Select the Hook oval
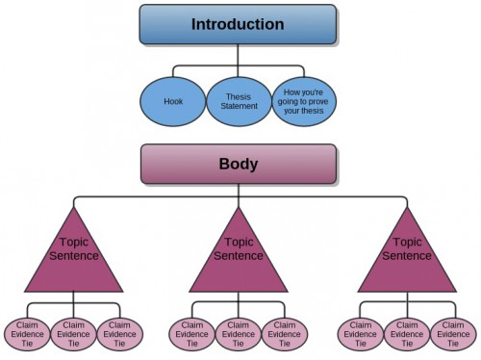click(172, 100)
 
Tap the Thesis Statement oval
click(239, 100)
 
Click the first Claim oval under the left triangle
click(26, 333)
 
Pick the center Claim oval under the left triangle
click(72, 333)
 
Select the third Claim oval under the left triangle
click(118, 333)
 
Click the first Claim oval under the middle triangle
click(192, 333)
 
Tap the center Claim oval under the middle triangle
click(239, 333)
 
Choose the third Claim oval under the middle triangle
click(285, 333)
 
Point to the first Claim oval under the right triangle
click(361, 333)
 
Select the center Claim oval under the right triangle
click(407, 333)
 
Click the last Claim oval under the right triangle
click(452, 333)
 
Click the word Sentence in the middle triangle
click(239, 256)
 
